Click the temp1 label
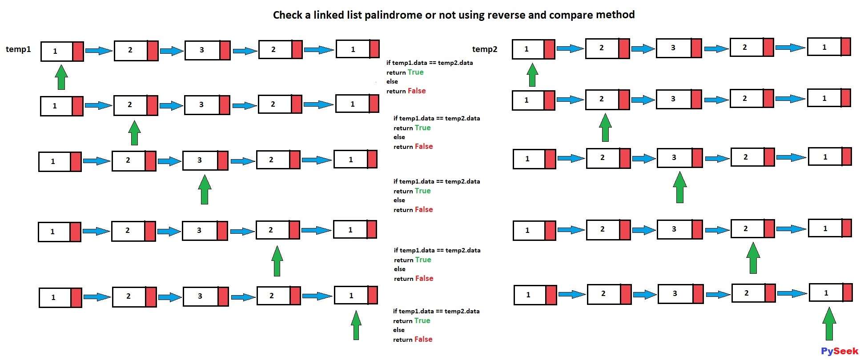click(18, 49)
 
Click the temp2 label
click(485, 49)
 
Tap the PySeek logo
click(840, 351)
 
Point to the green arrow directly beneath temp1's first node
click(61, 77)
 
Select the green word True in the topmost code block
click(415, 72)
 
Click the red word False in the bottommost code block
click(423, 339)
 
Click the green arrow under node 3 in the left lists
click(205, 189)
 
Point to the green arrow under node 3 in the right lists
click(679, 187)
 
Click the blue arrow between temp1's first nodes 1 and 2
click(99, 51)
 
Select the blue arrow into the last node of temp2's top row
click(790, 47)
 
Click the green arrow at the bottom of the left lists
click(356, 325)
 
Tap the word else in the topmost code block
click(392, 81)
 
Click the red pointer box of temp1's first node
click(78, 52)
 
